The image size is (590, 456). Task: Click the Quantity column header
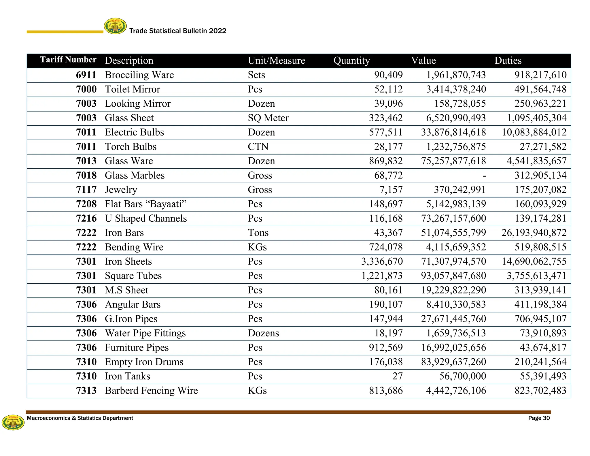coord(351,61)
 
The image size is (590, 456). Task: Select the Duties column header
coord(508,61)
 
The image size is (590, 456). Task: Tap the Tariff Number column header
coord(68,60)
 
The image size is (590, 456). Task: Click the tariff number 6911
coord(86,75)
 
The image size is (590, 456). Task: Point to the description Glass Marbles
coord(135,175)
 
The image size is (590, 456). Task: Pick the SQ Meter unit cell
coord(268,118)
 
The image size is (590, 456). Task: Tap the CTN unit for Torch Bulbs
coord(258,147)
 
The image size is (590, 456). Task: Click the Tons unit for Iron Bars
coord(258,233)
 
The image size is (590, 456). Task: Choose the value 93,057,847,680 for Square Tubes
coord(453,276)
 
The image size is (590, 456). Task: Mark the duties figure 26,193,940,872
coord(534,233)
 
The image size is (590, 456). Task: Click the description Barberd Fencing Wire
coord(151,391)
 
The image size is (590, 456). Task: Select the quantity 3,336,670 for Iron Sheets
coord(382,261)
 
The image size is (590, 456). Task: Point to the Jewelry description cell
coord(121,190)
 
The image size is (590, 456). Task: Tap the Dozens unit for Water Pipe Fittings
coord(263,333)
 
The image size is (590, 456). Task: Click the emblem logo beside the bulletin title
coord(115,26)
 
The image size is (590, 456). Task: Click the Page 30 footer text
coord(539,418)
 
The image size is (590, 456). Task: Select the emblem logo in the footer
coord(13,423)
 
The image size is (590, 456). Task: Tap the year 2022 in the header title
coord(218,31)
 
